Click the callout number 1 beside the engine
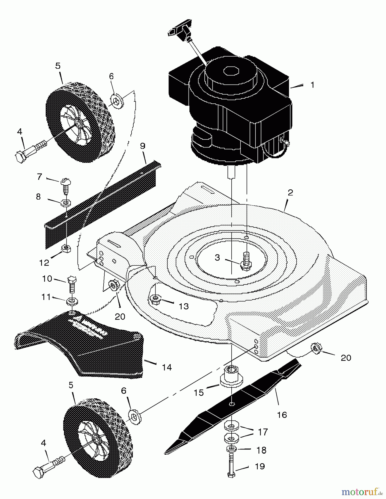312,85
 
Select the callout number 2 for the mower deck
290,193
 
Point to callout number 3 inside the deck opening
217,258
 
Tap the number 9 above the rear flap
143,146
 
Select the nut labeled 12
66,248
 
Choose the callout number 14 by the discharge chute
167,367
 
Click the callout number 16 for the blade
282,415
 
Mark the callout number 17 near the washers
263,432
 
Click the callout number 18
261,450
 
